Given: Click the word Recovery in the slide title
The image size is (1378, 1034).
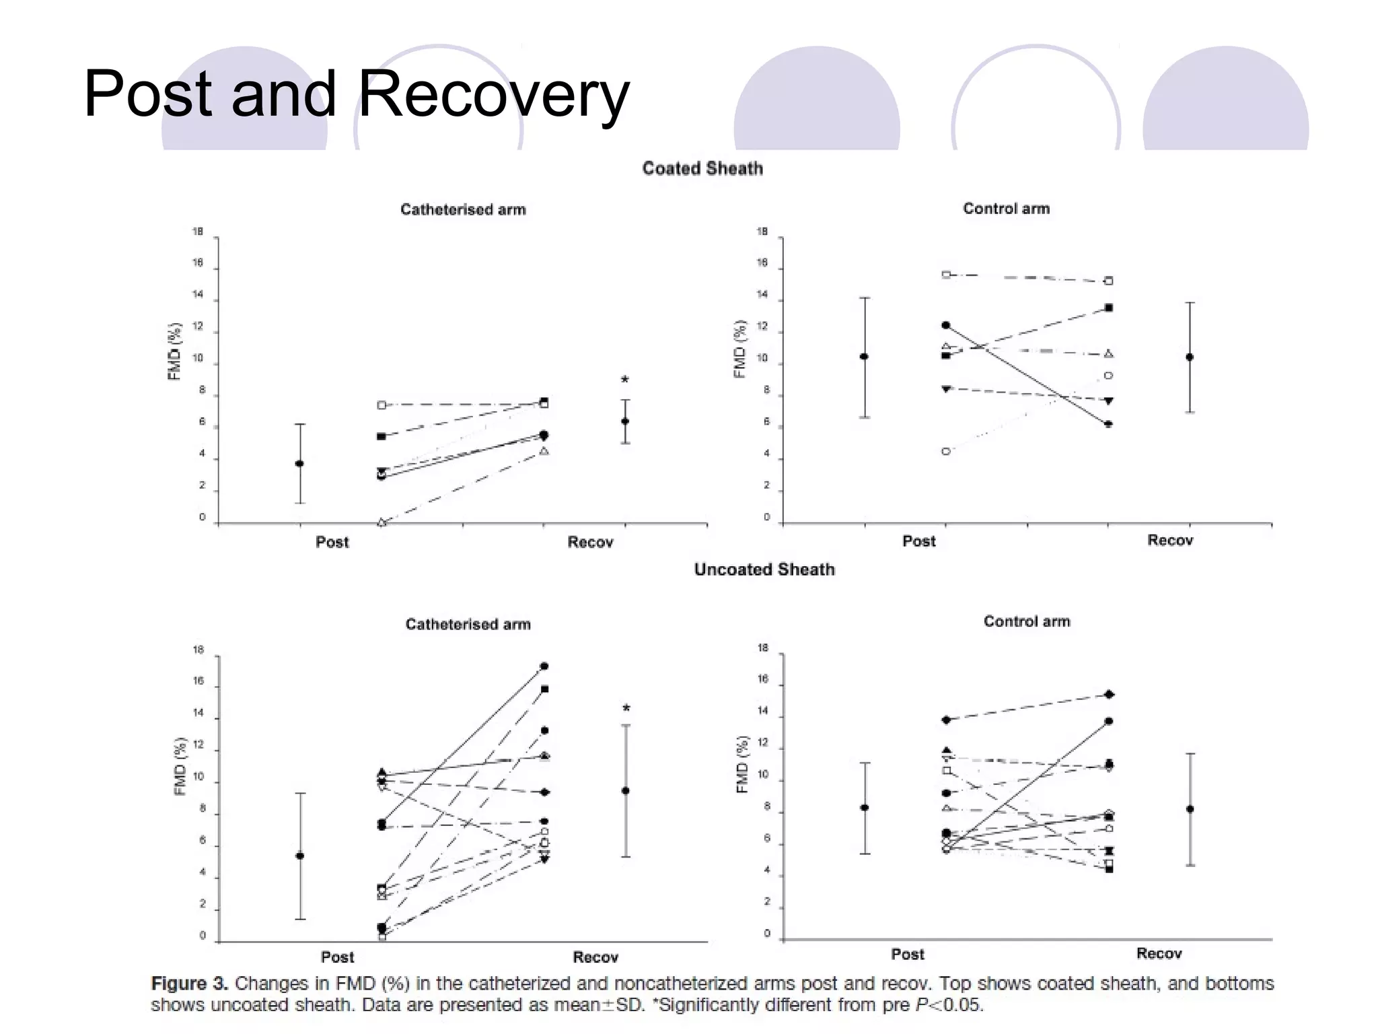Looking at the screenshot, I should pos(495,94).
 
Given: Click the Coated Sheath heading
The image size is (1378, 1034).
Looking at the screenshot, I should pos(702,168).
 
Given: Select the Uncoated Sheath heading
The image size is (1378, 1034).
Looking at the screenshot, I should pos(764,570).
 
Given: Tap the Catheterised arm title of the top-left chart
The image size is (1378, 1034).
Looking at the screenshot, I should pos(463,210).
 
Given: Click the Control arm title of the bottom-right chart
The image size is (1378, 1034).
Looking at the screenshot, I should pos(1027,621).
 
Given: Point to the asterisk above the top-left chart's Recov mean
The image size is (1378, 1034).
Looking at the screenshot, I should pos(625,380).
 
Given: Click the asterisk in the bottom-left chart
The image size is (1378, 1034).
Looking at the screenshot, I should pos(626,709).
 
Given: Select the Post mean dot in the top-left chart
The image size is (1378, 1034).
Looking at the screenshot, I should pos(299,464).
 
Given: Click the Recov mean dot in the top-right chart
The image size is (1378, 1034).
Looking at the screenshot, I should pos(1190,357).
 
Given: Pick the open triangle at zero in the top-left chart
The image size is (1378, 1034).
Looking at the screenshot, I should pos(382,522).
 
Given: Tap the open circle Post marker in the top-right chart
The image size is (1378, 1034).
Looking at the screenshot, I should pos(946,451).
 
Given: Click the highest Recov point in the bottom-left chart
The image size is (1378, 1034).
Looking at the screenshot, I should pos(544,666).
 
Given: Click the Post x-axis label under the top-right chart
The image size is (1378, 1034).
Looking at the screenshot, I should pos(918,541).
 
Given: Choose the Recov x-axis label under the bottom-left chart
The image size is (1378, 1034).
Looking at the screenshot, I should pos(595,957).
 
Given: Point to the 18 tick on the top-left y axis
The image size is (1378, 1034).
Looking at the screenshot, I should pos(198,232).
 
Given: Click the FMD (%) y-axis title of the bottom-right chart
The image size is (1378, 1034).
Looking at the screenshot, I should pos(742,765).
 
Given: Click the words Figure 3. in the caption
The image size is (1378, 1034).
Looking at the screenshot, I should pos(190,984).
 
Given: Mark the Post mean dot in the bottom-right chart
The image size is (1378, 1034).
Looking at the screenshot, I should pos(865,808).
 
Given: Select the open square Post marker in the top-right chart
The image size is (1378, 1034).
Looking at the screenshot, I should pos(946,275).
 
